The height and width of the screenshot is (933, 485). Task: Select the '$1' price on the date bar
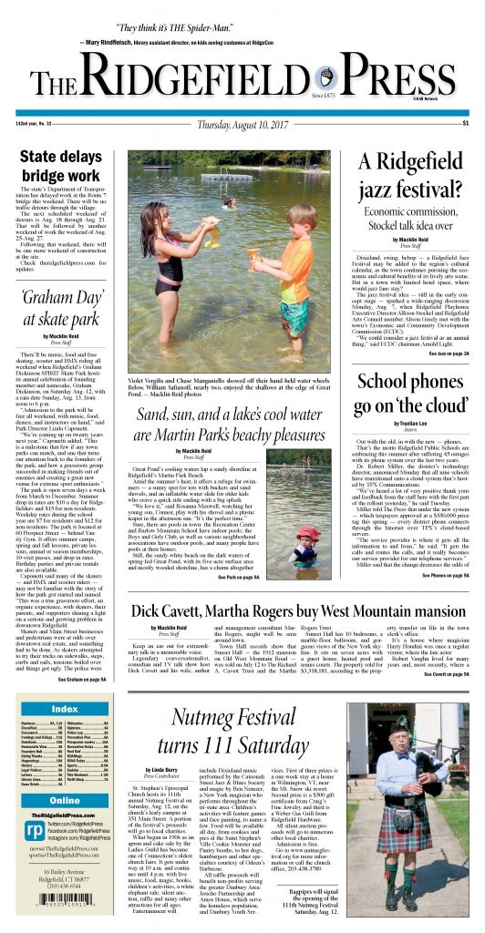[x=465, y=123]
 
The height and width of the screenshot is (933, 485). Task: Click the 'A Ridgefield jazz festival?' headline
[x=407, y=177]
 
